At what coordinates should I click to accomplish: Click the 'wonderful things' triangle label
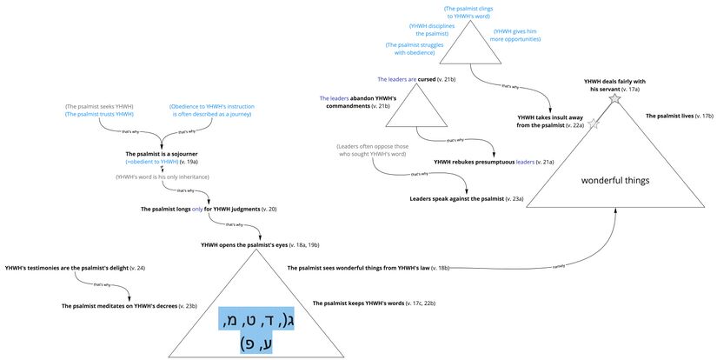[x=615, y=180]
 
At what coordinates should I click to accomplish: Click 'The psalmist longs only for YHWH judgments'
[x=209, y=210]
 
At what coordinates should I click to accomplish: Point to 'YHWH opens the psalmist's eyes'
[x=261, y=246]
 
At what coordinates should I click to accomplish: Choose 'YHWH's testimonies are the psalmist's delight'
[x=75, y=267]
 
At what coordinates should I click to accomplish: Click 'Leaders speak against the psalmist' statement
[x=467, y=199]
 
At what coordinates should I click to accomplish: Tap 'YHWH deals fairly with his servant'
[x=614, y=85]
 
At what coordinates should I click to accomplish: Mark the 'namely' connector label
[x=546, y=266]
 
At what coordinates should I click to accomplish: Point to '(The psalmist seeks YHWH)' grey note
[x=99, y=106]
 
